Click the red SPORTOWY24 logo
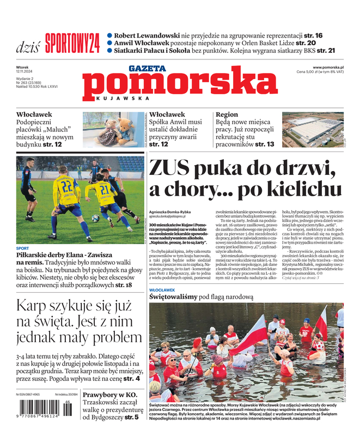pyautogui.click(x=72, y=43)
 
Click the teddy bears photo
pyautogui.click(x=113, y=130)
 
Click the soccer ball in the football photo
pyautogui.click(x=95, y=218)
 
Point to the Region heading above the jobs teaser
pyautogui.click(x=227, y=115)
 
